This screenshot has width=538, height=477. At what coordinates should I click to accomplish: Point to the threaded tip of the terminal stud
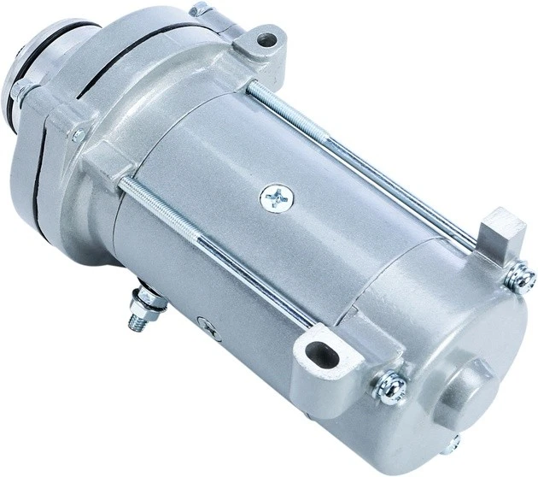point(134,322)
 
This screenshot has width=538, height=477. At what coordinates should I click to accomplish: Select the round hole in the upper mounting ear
point(268,38)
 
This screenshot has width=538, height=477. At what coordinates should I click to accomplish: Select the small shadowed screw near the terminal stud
point(203,323)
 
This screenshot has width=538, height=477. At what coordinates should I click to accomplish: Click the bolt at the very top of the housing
point(199,9)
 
